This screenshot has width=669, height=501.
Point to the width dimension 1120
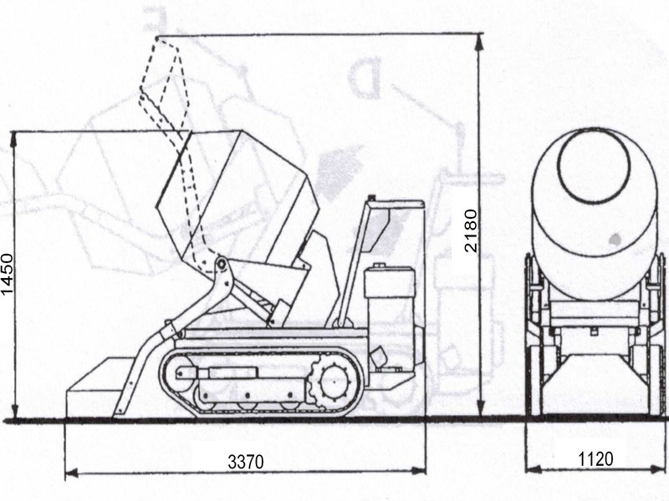coord(595,458)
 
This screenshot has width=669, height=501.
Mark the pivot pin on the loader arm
coord(222,265)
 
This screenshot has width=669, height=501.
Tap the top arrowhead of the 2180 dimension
coord(479,38)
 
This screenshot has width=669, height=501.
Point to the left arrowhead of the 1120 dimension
coord(530,473)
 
